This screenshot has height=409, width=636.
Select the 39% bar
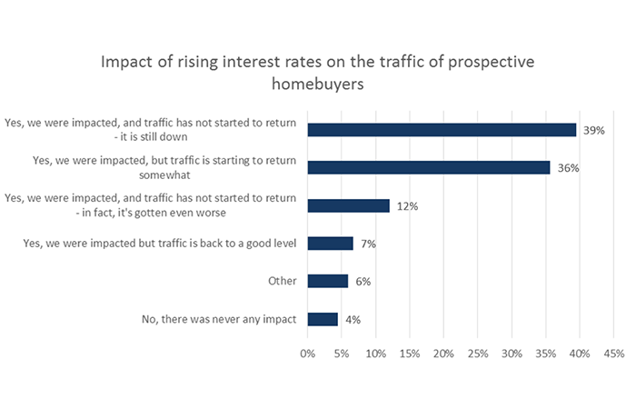click(442, 130)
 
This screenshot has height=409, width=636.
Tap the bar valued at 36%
click(429, 167)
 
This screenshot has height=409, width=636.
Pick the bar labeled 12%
click(348, 205)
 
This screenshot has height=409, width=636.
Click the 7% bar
click(331, 244)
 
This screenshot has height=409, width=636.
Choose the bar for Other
click(328, 281)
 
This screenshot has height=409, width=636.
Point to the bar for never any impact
click(323, 319)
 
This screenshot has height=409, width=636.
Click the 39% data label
click(593, 130)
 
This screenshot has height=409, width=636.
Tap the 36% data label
click(567, 168)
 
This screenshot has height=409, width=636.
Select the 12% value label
click(406, 206)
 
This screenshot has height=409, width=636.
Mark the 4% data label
click(353, 319)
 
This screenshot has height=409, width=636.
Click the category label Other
click(283, 281)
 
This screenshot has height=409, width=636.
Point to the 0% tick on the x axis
click(308, 353)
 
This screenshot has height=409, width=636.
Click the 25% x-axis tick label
click(478, 353)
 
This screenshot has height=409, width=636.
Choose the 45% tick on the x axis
click(613, 353)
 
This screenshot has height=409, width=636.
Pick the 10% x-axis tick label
click(375, 353)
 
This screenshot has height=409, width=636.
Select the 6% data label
click(363, 282)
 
